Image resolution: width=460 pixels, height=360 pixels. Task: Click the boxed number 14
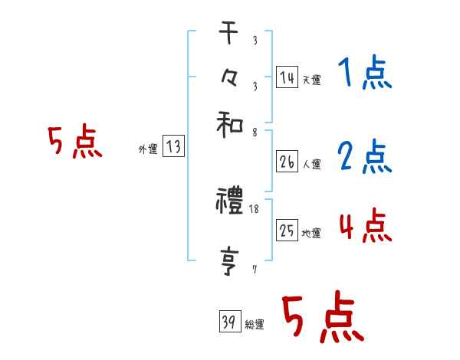coord(287,77)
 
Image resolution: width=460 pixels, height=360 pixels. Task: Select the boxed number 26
coord(287,162)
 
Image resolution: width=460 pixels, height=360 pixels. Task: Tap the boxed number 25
coord(287,230)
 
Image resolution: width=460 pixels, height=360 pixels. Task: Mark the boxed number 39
coord(229,322)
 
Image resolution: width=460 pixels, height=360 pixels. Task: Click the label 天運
coord(311,80)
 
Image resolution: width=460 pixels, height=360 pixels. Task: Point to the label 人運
coord(311,164)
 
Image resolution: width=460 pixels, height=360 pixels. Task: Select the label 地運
coord(311,233)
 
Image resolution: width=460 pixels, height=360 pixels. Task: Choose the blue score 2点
coord(364,157)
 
